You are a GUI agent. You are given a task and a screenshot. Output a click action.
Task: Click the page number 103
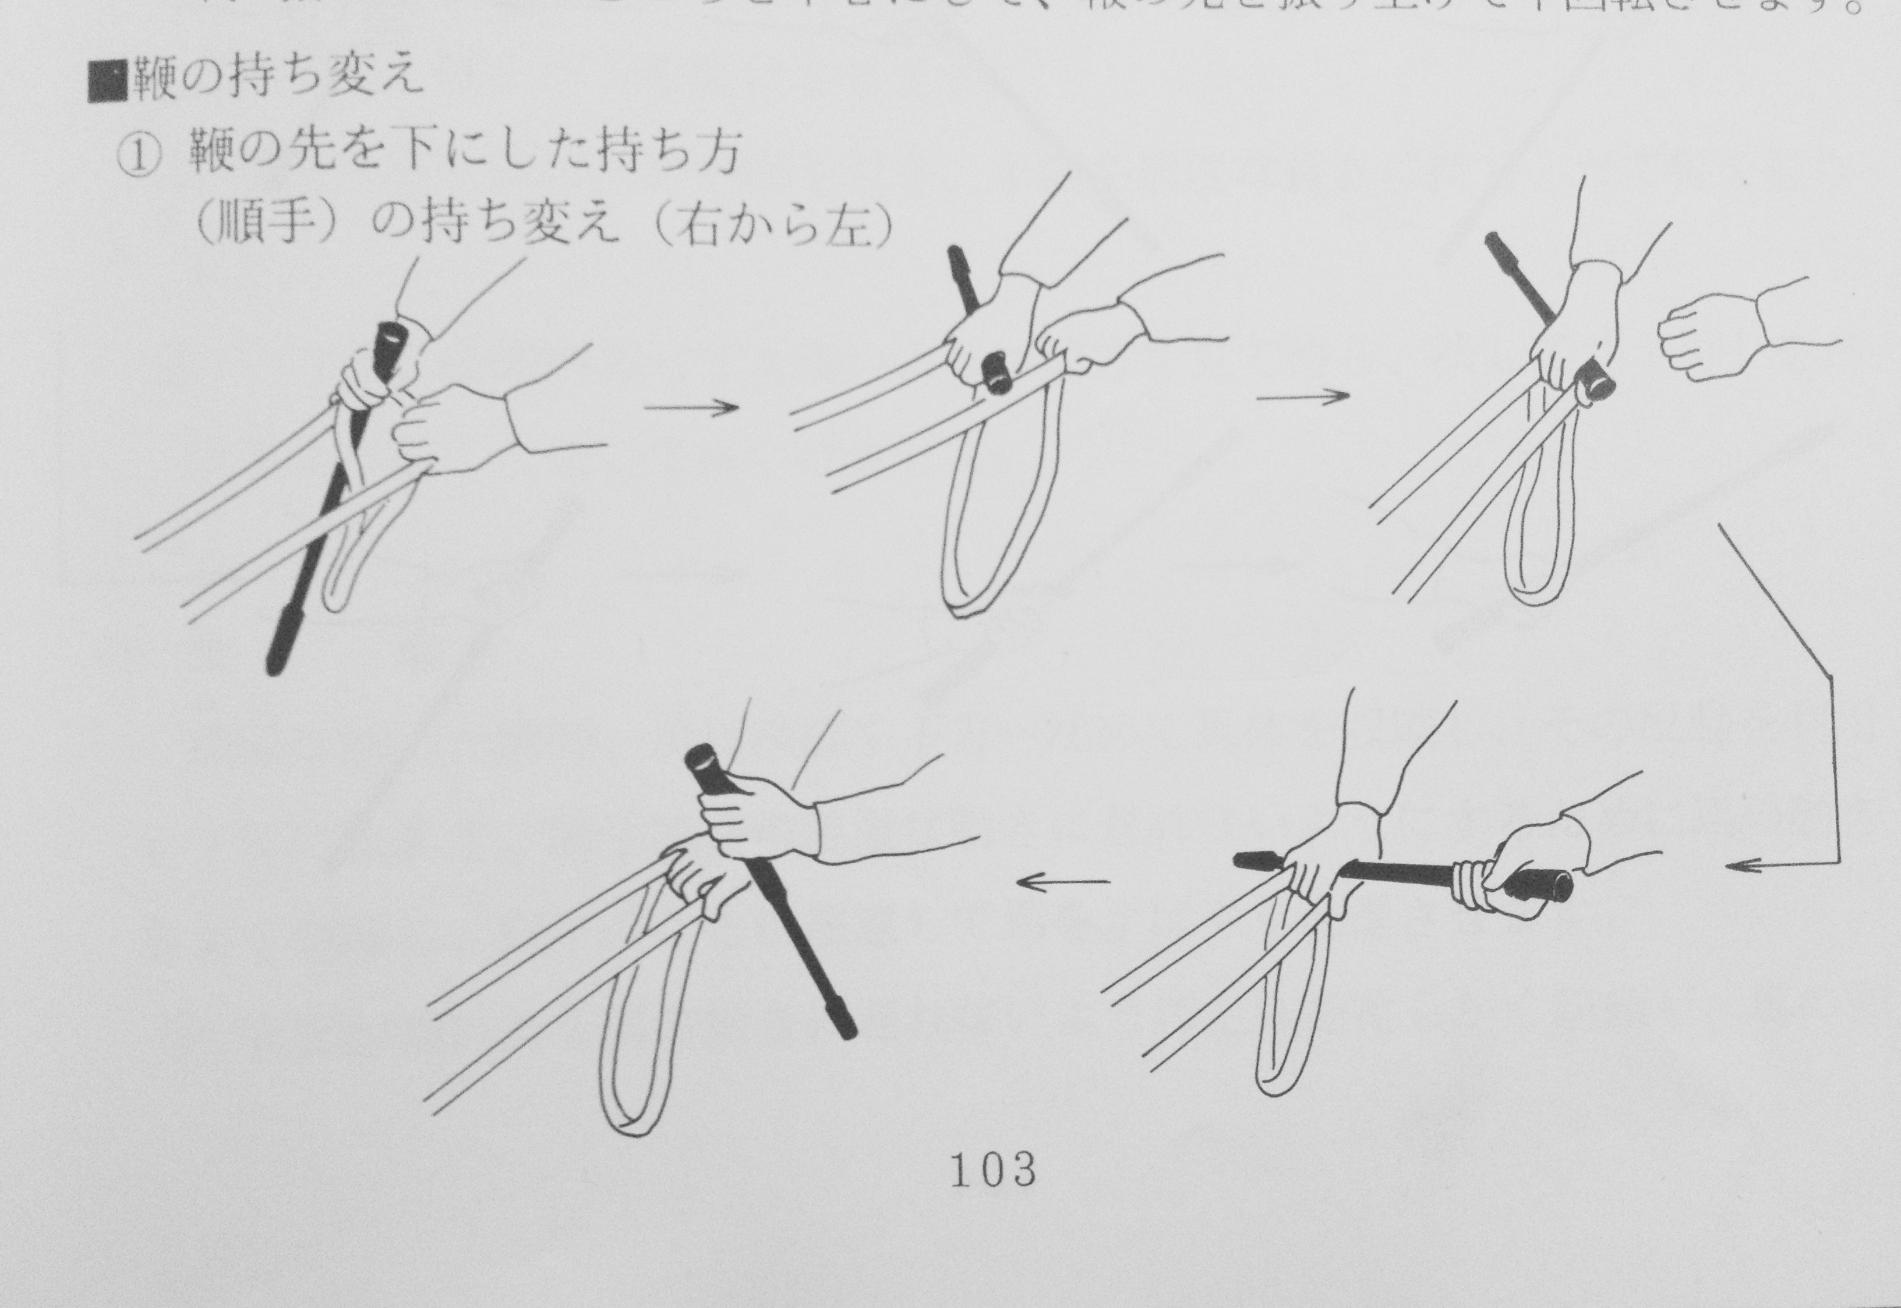(992, 1170)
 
